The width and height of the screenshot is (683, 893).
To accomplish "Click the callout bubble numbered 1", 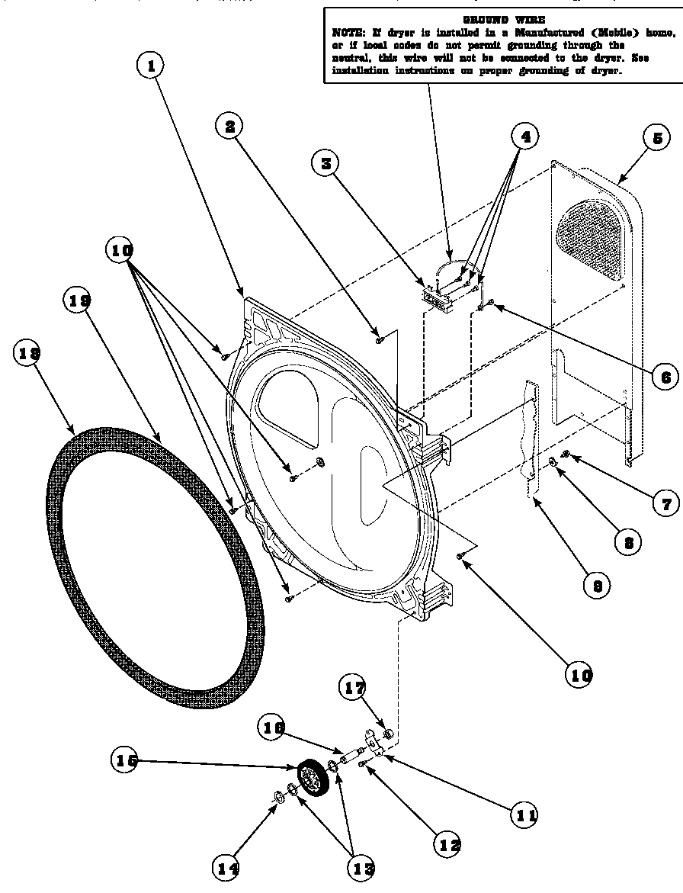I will (151, 66).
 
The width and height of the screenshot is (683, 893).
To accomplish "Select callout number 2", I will (229, 126).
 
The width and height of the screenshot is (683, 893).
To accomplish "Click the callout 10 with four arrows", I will (122, 249).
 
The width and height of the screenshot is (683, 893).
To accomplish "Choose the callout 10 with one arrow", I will (578, 673).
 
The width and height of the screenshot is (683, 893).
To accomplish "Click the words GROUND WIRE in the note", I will (504, 18).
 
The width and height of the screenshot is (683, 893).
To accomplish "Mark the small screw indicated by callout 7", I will (566, 455).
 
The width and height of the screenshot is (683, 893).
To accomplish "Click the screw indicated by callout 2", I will (379, 339).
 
